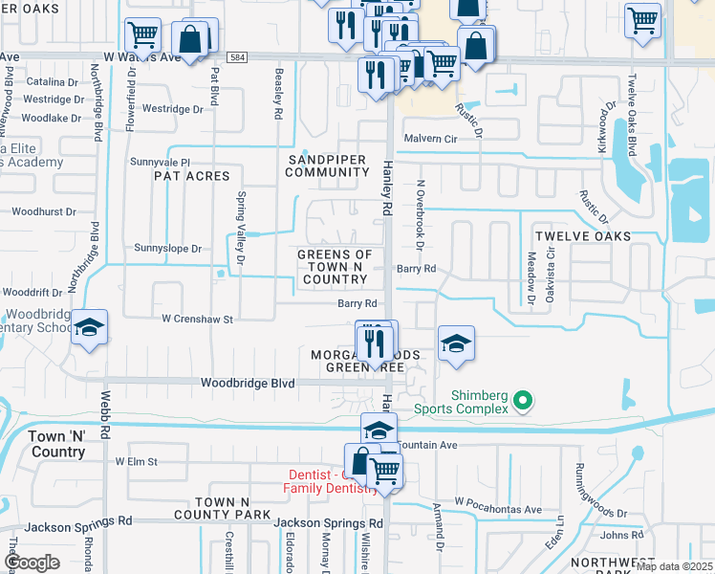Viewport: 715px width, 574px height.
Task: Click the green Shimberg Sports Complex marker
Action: click(x=522, y=401)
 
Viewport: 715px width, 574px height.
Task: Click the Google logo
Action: click(x=32, y=562)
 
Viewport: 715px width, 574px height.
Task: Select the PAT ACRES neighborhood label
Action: click(x=192, y=176)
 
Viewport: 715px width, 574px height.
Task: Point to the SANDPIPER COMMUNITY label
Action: click(x=327, y=165)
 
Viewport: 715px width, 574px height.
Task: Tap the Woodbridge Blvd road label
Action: click(x=247, y=383)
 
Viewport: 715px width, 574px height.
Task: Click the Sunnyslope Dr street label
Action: click(x=168, y=249)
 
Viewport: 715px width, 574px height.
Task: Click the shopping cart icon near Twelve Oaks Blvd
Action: click(x=642, y=18)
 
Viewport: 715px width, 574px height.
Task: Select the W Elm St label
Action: click(x=136, y=461)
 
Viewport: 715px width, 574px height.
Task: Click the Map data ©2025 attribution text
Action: click(x=673, y=566)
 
